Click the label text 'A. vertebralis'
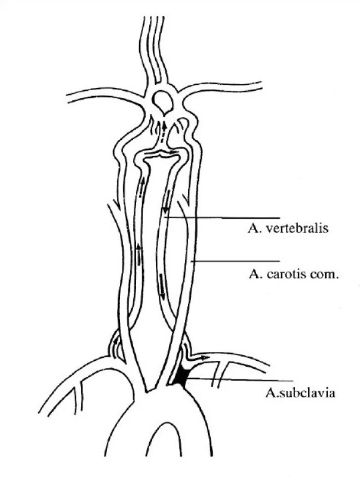288,228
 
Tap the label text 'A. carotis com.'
294,274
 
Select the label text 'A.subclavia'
300,393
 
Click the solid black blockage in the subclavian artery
182,375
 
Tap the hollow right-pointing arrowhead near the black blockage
205,357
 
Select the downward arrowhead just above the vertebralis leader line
166,210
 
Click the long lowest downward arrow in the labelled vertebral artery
161,286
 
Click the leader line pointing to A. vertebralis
221,218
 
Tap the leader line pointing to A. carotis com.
235,261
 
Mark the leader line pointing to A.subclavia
239,379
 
